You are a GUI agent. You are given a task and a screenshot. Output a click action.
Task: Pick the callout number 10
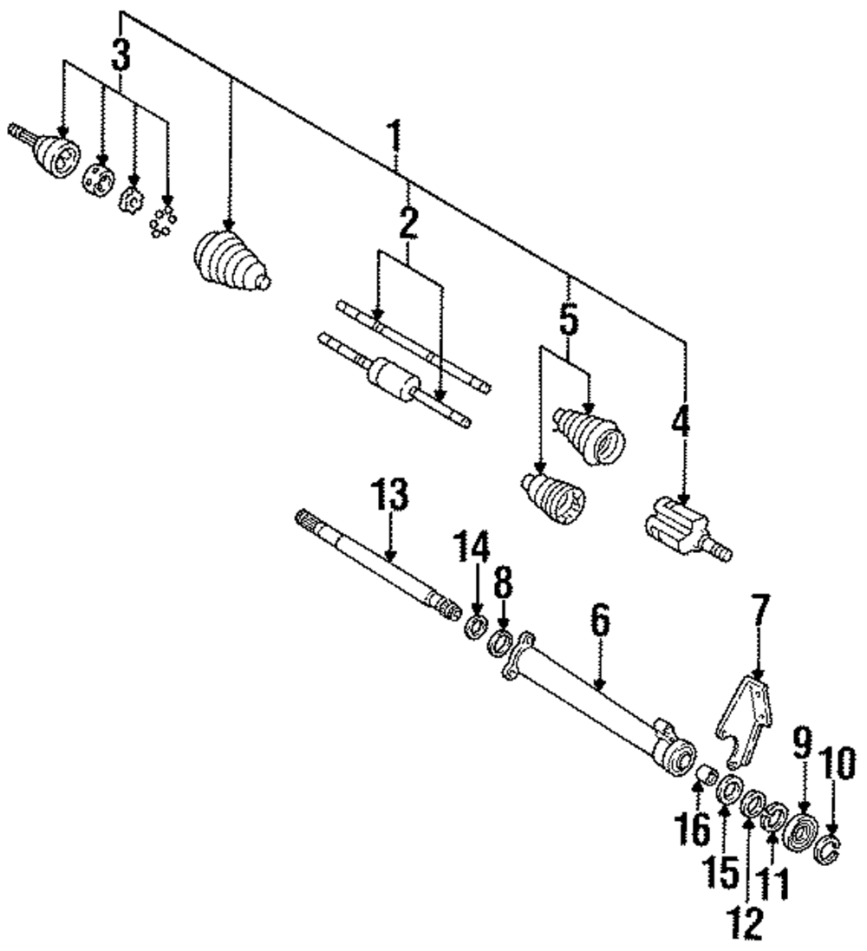pyautogui.click(x=839, y=765)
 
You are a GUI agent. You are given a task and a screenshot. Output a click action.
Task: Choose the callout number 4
pyautogui.click(x=681, y=423)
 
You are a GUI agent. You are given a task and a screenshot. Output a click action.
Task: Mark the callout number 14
pyautogui.click(x=475, y=549)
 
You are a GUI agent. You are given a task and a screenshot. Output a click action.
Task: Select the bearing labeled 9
pyautogui.click(x=801, y=834)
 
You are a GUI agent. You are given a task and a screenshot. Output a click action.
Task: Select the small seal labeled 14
pyautogui.click(x=475, y=625)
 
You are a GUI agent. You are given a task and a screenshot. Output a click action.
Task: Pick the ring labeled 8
pyautogui.click(x=501, y=643)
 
